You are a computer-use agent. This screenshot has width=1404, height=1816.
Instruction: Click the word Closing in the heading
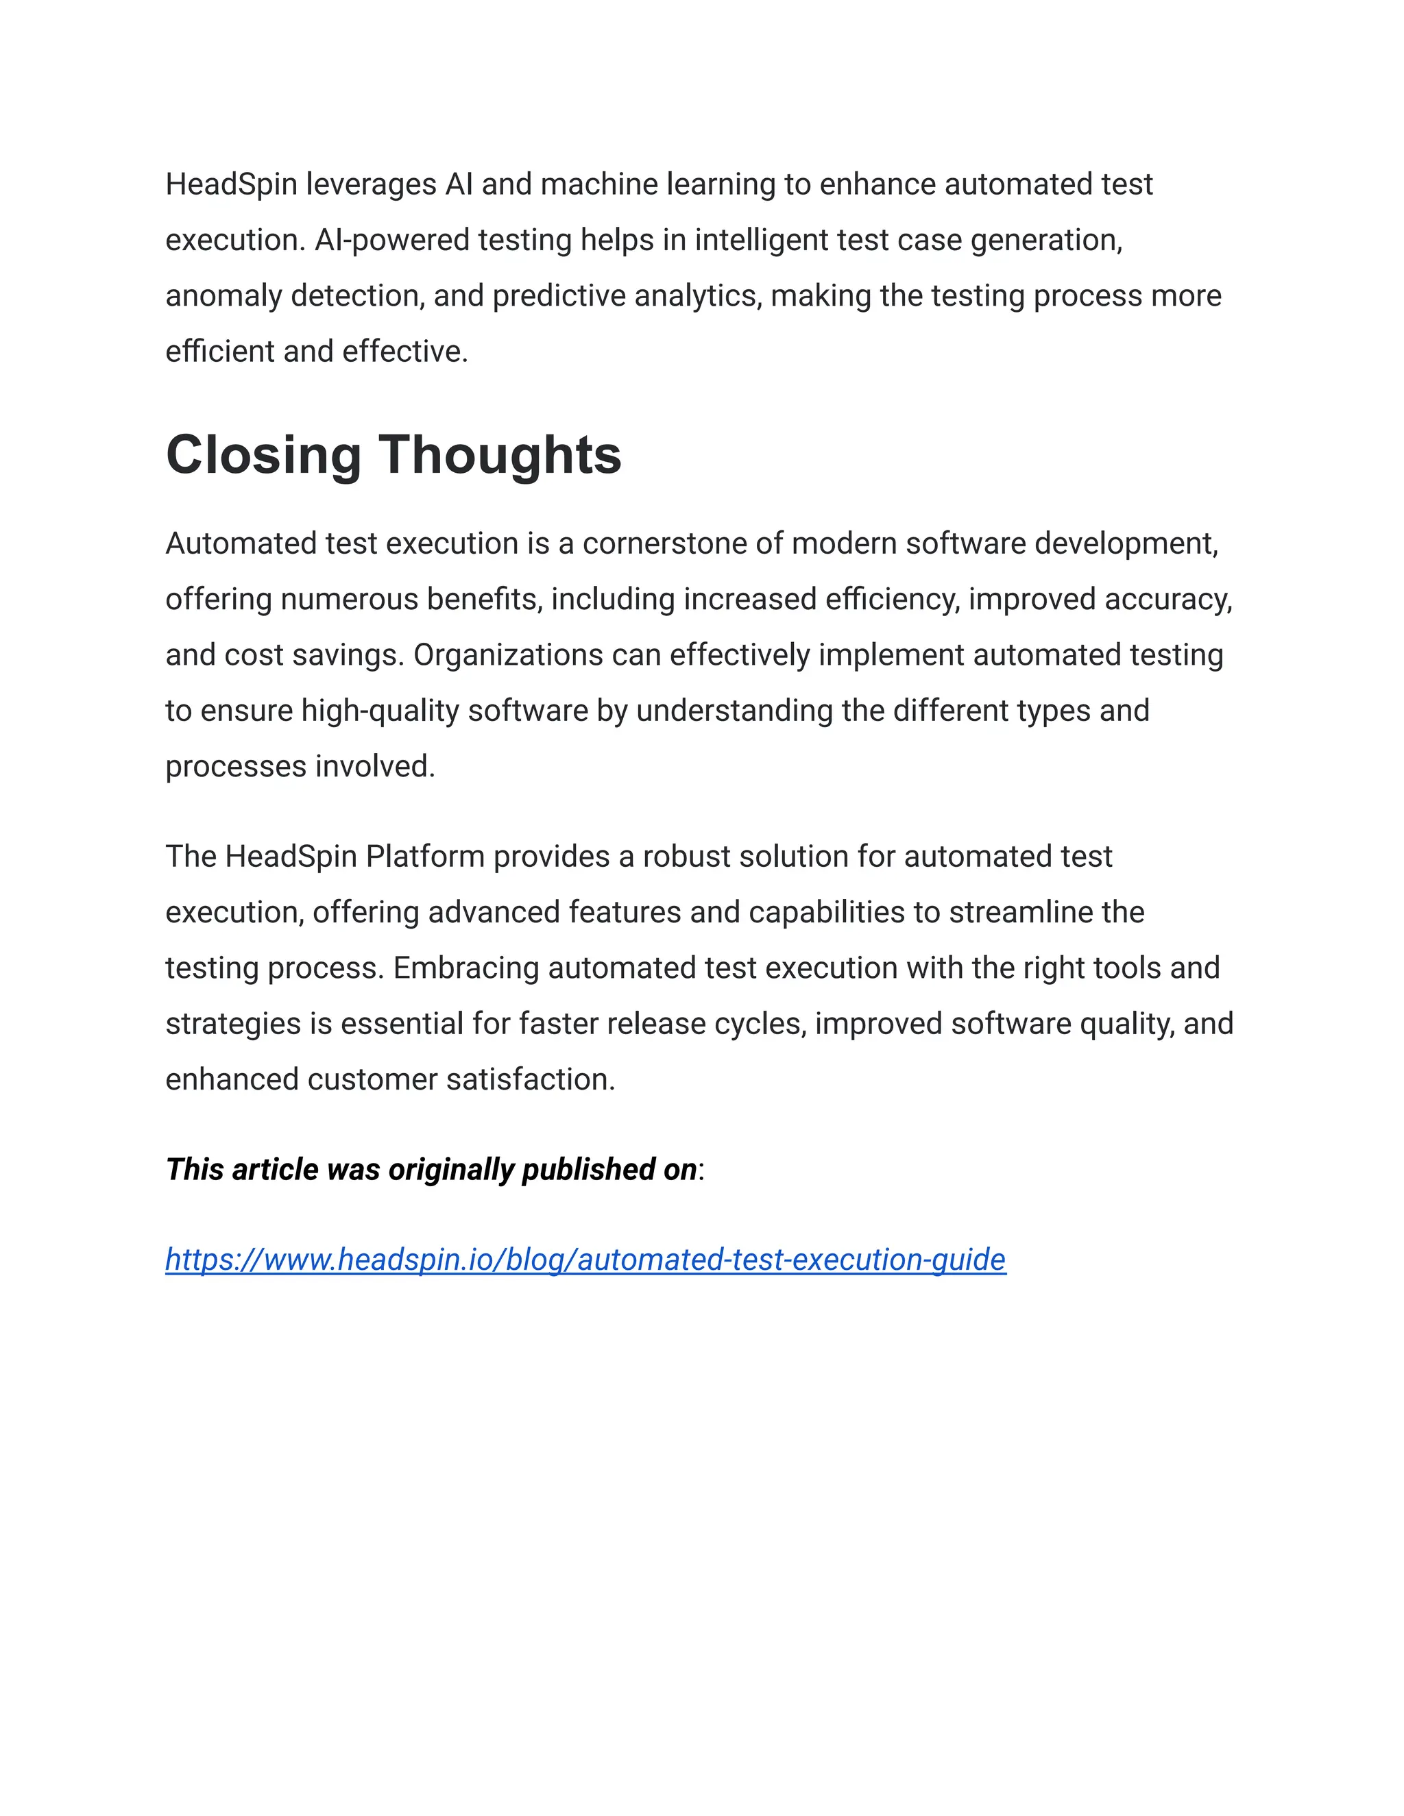(x=263, y=456)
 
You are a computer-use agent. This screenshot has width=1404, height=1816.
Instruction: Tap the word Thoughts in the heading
(x=500, y=456)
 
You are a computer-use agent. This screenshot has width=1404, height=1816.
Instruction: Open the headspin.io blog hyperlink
(x=585, y=1260)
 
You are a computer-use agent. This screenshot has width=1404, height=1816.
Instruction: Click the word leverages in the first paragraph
(x=371, y=184)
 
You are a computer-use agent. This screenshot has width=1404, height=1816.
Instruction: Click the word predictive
(x=559, y=296)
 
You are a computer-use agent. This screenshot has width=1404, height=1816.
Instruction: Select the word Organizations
(x=508, y=655)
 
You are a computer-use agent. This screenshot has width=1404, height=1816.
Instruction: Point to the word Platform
(x=425, y=857)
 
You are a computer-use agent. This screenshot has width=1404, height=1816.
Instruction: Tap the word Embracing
(x=465, y=968)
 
